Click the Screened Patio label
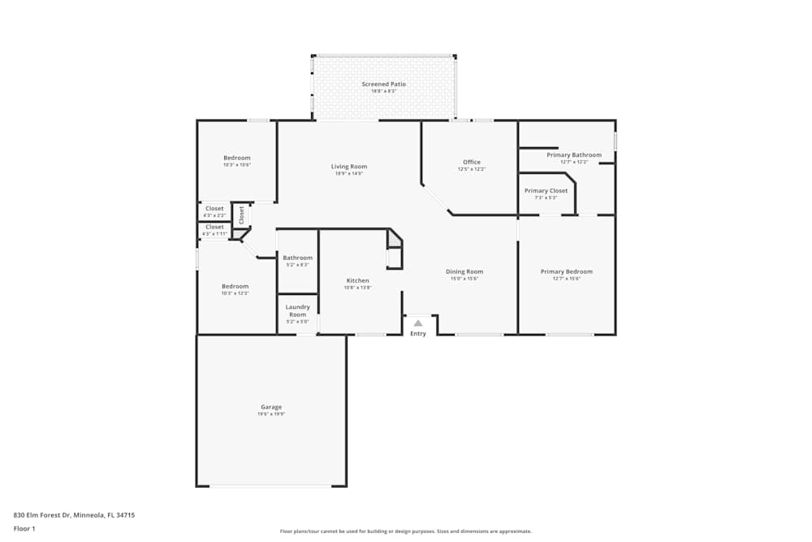click(383, 85)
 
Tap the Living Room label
click(348, 167)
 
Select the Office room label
click(472, 162)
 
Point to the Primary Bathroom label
click(574, 155)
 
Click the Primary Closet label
click(546, 191)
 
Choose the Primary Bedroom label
click(567, 271)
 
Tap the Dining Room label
click(464, 271)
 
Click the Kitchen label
click(357, 280)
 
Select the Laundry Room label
click(297, 310)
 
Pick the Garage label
click(271, 407)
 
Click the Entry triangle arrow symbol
click(418, 323)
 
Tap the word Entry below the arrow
click(418, 334)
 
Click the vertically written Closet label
click(241, 215)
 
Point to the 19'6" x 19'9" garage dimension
click(271, 414)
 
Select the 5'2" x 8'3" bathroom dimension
click(297, 265)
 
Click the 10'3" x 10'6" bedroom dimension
click(237, 165)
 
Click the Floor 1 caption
click(24, 528)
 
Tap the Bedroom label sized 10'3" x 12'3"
click(235, 286)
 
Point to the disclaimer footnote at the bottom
click(406, 531)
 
